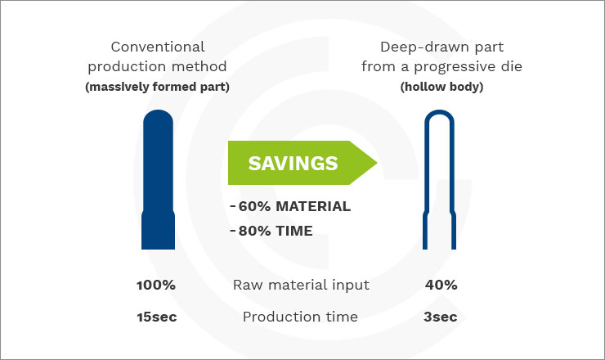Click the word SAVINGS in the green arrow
click(x=293, y=163)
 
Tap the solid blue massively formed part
click(x=158, y=180)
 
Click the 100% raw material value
click(x=156, y=285)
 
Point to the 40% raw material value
click(x=441, y=285)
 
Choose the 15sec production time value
click(x=157, y=317)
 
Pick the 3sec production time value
click(x=440, y=317)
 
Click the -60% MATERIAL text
click(x=290, y=206)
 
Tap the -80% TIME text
click(x=271, y=231)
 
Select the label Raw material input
click(x=301, y=285)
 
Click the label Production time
click(x=300, y=317)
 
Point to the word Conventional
click(x=158, y=47)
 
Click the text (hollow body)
click(x=441, y=87)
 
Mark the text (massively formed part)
click(x=158, y=87)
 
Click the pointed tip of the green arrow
click(x=377, y=163)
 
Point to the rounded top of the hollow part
click(x=440, y=112)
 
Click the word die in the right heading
click(x=513, y=66)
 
